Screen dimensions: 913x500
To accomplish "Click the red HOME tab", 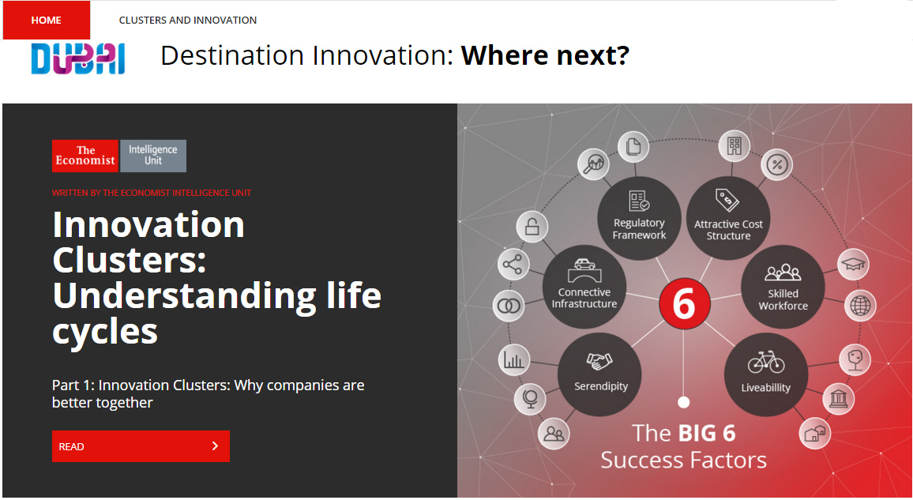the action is click(x=47, y=21).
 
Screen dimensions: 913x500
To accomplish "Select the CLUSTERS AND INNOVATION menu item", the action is click(x=187, y=21).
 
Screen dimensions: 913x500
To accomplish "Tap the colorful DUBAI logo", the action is click(x=78, y=58).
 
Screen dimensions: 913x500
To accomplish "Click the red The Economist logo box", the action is click(x=85, y=156).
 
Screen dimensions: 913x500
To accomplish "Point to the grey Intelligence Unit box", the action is click(x=153, y=156).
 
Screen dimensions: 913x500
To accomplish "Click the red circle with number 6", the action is click(x=684, y=303).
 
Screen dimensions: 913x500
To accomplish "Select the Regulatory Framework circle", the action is click(x=639, y=218).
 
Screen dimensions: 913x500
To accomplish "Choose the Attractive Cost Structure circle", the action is click(x=728, y=218).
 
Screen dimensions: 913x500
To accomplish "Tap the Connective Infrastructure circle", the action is click(x=584, y=287).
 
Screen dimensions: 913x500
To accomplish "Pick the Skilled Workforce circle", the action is click(x=783, y=287).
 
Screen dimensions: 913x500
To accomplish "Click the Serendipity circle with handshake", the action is click(x=599, y=374).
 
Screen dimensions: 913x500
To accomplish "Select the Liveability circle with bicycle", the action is click(x=766, y=374).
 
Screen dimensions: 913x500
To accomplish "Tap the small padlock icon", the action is click(x=532, y=227).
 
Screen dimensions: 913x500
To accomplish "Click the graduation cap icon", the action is click(x=853, y=264).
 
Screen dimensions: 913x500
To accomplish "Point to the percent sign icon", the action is click(x=777, y=165).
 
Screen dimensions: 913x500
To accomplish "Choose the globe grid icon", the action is click(x=860, y=306).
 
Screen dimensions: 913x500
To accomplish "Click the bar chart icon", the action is click(x=514, y=359).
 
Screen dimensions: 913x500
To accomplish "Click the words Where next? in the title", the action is click(x=545, y=56).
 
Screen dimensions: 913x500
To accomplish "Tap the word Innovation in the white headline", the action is click(x=148, y=224).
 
